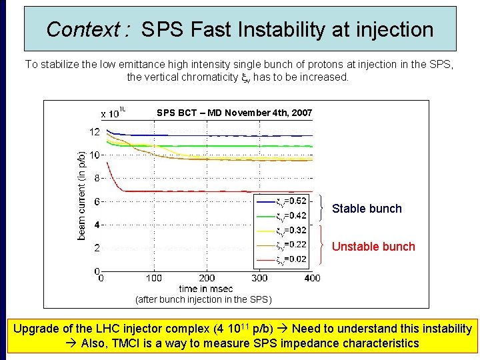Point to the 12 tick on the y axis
pyautogui.click(x=95, y=132)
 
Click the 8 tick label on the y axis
pyautogui.click(x=97, y=179)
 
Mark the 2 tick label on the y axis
pyautogui.click(x=97, y=248)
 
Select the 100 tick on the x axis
pyautogui.click(x=153, y=278)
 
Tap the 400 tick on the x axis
pyautogui.click(x=311, y=278)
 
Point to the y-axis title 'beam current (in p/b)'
pyautogui.click(x=81, y=195)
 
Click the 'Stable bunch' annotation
pyautogui.click(x=367, y=209)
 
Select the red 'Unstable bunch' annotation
pyautogui.click(x=373, y=247)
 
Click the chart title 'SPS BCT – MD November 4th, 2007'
pyautogui.click(x=234, y=113)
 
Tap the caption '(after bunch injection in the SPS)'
pyautogui.click(x=203, y=299)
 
